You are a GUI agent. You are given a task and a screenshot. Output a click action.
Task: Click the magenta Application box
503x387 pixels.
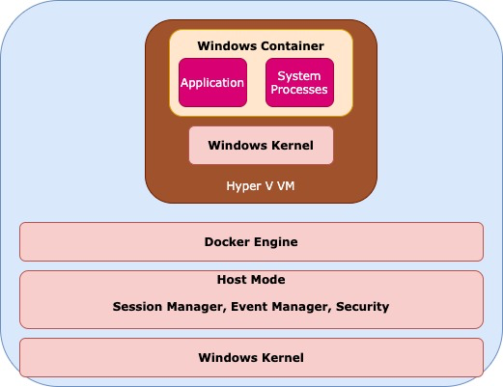pyautogui.click(x=212, y=83)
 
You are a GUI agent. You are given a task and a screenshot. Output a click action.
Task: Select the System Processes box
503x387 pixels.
pyautogui.click(x=299, y=83)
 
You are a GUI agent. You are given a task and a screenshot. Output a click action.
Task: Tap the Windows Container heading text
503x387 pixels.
pyautogui.click(x=261, y=46)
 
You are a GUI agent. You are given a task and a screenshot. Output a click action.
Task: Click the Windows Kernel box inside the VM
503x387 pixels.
pyautogui.click(x=261, y=145)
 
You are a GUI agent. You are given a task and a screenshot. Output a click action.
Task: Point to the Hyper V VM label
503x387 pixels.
pyautogui.click(x=261, y=186)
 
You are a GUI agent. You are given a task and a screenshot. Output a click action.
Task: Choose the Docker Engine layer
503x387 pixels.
pyautogui.click(x=251, y=241)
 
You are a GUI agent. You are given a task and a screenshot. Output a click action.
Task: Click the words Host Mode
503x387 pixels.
pyautogui.click(x=251, y=280)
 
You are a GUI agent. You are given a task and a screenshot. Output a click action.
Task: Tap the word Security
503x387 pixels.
pyautogui.click(x=363, y=307)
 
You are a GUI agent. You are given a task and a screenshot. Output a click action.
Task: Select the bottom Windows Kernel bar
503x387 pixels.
pyautogui.click(x=251, y=357)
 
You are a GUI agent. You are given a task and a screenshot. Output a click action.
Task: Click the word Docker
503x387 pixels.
pyautogui.click(x=227, y=242)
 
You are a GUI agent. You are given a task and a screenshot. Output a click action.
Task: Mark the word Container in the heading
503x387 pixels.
pyautogui.click(x=293, y=46)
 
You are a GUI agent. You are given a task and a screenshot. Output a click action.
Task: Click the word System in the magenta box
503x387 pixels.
pyautogui.click(x=299, y=76)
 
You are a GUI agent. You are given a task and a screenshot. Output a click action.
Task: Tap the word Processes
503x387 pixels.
pyautogui.click(x=299, y=90)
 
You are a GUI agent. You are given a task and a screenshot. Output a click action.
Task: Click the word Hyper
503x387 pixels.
pyautogui.click(x=239, y=186)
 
